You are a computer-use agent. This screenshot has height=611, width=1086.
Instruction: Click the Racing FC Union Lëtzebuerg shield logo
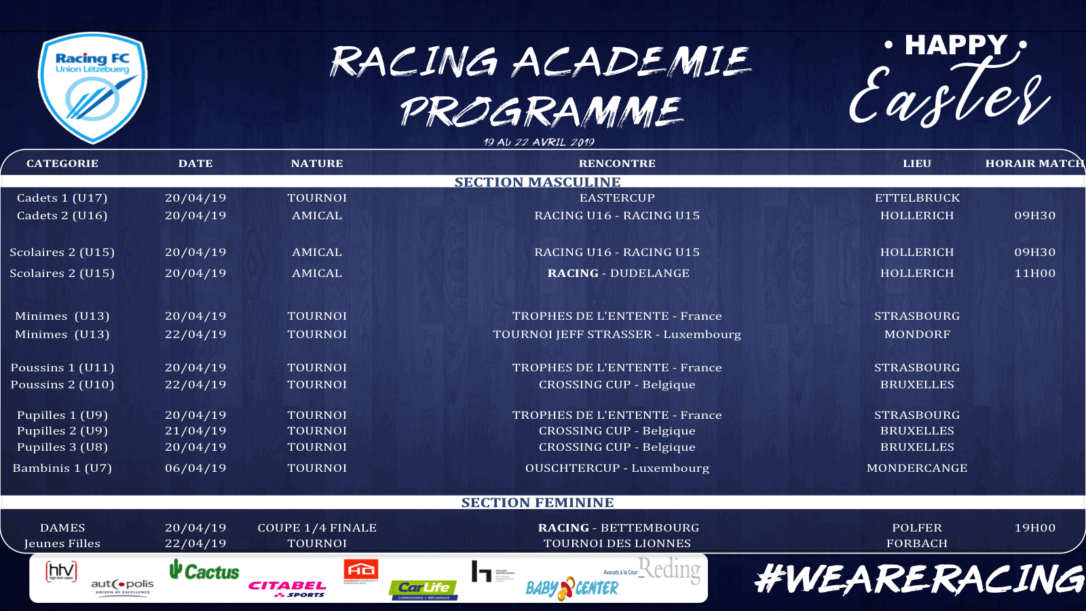tap(93, 88)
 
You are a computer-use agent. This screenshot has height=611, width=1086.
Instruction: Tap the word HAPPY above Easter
tap(956, 45)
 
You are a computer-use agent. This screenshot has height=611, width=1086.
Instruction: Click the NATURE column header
tap(317, 164)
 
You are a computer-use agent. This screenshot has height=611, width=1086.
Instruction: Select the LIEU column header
tap(917, 164)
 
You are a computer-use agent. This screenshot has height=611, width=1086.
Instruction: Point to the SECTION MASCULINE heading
tap(538, 182)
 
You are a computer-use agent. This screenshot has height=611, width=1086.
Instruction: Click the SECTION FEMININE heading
tap(538, 502)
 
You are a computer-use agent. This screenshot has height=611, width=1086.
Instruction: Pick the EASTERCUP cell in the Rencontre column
tap(617, 198)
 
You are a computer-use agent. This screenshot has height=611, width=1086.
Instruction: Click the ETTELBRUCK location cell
tap(917, 198)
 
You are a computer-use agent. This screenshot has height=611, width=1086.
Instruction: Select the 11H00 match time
tap(1034, 274)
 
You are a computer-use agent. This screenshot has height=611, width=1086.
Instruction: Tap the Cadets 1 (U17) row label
tap(62, 198)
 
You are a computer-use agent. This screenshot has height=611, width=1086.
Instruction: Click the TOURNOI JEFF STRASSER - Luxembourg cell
tap(617, 335)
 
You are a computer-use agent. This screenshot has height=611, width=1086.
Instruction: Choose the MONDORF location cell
tap(917, 335)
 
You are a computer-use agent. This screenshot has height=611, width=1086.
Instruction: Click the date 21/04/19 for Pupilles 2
tap(195, 431)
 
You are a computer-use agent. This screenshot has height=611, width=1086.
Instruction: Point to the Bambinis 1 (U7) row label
tap(62, 468)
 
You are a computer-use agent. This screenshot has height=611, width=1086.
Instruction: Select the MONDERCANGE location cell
tap(917, 468)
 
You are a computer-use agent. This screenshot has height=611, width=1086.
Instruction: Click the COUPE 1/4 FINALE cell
tap(317, 528)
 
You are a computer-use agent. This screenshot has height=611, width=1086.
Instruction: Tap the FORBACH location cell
tap(917, 544)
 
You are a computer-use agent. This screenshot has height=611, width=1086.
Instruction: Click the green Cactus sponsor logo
tap(204, 571)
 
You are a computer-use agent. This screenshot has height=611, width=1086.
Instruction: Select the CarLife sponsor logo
tap(424, 589)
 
